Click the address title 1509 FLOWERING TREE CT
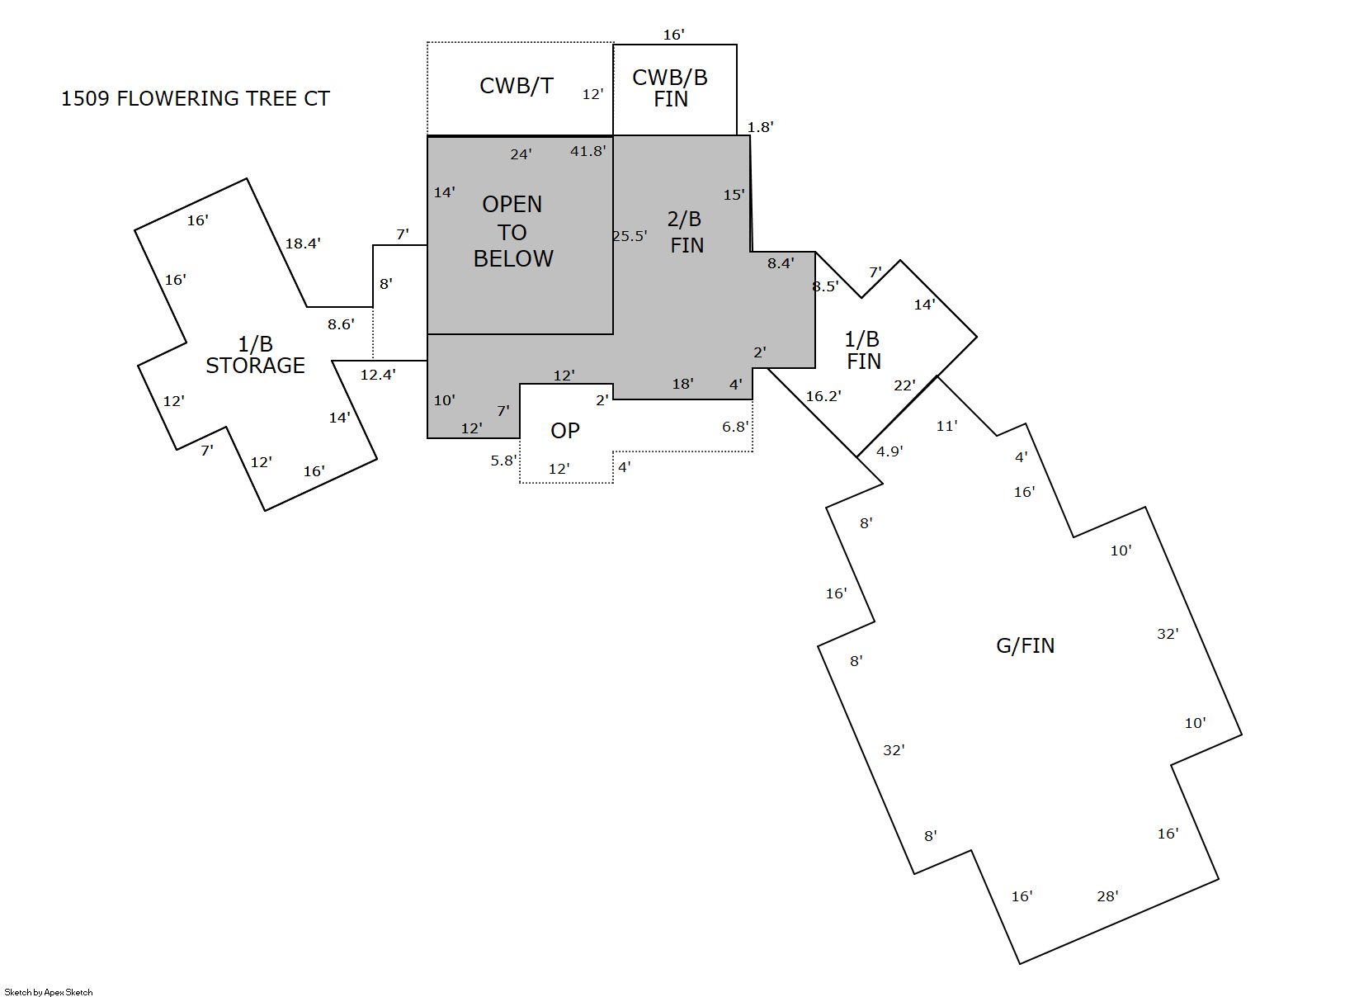(195, 98)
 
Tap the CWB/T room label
(517, 86)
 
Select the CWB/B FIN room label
(670, 88)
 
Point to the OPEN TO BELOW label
(512, 231)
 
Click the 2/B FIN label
(686, 232)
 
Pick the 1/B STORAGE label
(256, 354)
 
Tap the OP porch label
(565, 430)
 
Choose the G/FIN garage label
(1026, 645)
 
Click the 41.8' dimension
(587, 151)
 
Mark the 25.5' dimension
(630, 236)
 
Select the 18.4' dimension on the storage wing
(303, 243)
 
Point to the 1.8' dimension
(760, 127)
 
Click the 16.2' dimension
(823, 396)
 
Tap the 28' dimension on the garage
(1107, 895)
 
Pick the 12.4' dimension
(378, 375)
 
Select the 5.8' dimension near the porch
(503, 461)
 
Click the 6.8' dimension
(735, 427)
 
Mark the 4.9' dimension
(889, 451)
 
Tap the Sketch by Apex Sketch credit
(49, 992)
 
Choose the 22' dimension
(904, 385)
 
